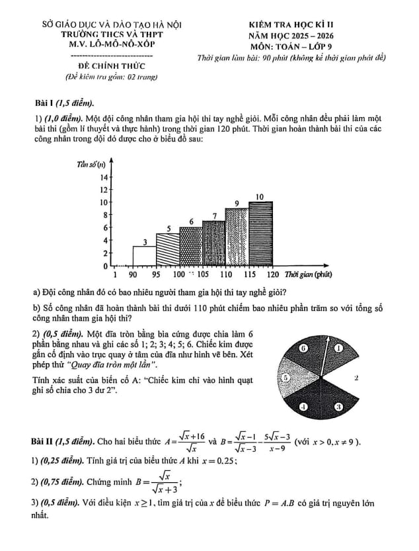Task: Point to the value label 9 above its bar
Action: point(237,203)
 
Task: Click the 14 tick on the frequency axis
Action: point(103,177)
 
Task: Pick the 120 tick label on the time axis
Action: point(272,274)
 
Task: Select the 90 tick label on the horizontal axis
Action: point(133,274)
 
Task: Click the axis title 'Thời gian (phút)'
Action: point(307,274)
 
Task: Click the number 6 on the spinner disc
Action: point(304,348)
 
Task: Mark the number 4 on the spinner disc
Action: point(303,407)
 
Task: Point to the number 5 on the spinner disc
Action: point(286,378)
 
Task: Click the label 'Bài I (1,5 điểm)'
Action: point(64,103)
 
